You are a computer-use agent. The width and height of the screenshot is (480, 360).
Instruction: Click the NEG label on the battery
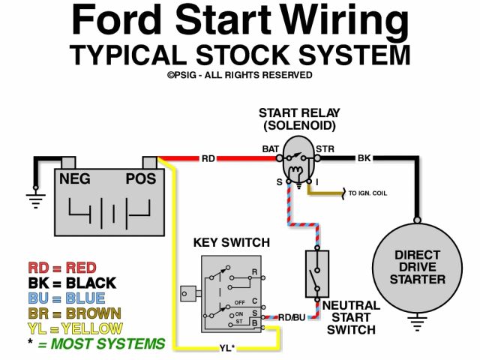[76, 178]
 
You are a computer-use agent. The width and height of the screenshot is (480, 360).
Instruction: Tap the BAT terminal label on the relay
[271, 148]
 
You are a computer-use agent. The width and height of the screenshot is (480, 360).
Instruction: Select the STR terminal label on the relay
[325, 148]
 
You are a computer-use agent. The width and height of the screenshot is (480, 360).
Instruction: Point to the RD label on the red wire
[208, 158]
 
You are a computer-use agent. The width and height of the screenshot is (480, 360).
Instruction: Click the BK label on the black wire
[364, 158]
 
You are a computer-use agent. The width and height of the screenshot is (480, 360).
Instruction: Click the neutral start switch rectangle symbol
[315, 272]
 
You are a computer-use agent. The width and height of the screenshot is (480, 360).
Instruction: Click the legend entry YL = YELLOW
[75, 328]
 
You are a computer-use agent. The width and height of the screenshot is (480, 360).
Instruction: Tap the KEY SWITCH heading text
[232, 242]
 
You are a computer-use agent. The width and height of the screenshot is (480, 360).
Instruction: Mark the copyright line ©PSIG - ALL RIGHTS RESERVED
[239, 75]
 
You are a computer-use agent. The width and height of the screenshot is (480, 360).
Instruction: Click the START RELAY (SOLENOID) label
[297, 118]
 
